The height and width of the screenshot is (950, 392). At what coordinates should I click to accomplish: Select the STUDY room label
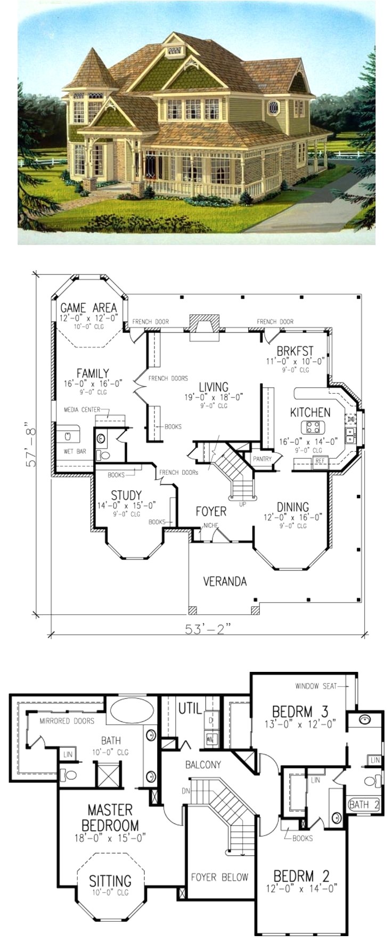point(126,497)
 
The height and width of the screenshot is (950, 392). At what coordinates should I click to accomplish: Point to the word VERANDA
point(225,581)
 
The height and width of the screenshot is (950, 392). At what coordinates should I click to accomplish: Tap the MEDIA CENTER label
point(82,410)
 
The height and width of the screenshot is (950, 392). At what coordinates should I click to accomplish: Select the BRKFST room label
point(295,351)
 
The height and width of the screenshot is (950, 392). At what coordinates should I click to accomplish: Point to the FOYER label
point(211,511)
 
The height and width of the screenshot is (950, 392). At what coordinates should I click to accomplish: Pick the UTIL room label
point(190,708)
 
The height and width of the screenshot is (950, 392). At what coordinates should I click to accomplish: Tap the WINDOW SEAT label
point(316,686)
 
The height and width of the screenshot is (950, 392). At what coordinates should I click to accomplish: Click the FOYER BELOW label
point(219,877)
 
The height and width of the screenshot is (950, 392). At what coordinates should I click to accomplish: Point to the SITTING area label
point(110,881)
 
